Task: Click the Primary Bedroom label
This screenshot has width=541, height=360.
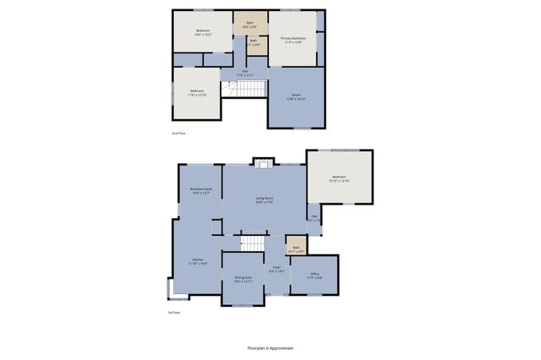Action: click(x=293, y=39)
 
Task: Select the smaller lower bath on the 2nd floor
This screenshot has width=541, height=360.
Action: click(x=254, y=41)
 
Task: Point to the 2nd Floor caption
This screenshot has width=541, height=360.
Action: click(x=178, y=134)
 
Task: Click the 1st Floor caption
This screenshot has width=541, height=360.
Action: click(x=175, y=312)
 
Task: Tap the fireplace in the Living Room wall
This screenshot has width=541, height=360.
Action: click(x=263, y=163)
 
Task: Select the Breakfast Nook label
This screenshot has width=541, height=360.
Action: click(x=201, y=191)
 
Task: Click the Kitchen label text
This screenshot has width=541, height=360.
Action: click(x=198, y=261)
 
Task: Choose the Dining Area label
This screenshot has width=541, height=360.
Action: click(x=243, y=280)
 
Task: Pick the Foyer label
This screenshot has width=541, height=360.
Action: click(x=276, y=270)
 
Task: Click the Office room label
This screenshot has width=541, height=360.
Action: click(x=314, y=275)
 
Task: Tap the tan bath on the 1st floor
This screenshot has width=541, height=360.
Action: click(x=296, y=248)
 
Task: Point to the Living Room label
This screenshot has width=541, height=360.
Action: click(x=265, y=199)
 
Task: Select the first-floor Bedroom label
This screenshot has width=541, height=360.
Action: click(x=338, y=177)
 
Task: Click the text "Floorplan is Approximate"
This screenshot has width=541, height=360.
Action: click(x=270, y=347)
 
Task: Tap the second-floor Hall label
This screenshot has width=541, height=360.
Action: click(x=245, y=73)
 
